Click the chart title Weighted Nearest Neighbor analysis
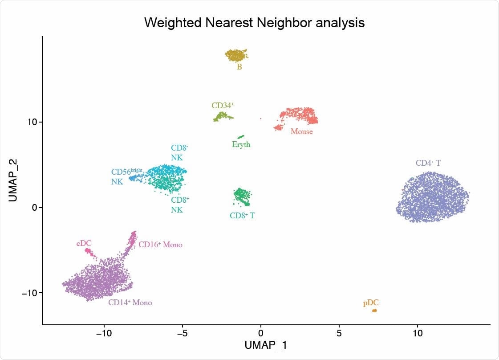[x=254, y=23]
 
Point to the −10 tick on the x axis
[x=104, y=332]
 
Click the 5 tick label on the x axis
[x=339, y=332]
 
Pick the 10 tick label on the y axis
[x=31, y=122]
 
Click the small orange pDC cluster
[x=374, y=311]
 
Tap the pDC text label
[x=371, y=303]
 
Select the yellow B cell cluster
[x=236, y=55]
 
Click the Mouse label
[x=301, y=132]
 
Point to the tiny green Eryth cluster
[x=241, y=137]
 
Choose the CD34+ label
[x=223, y=106]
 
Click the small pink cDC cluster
[x=89, y=252]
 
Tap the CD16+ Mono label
[x=160, y=245]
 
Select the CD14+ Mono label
[x=130, y=303]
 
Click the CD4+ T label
[x=428, y=163]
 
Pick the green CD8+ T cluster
[x=242, y=196]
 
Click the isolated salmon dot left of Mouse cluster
[x=260, y=119]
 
